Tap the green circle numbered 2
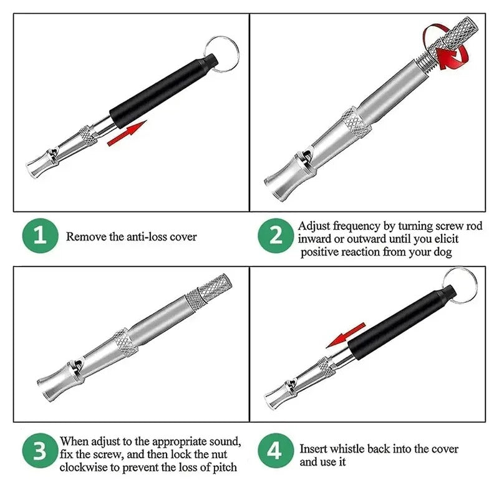(274, 236)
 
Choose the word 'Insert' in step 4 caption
(314, 449)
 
